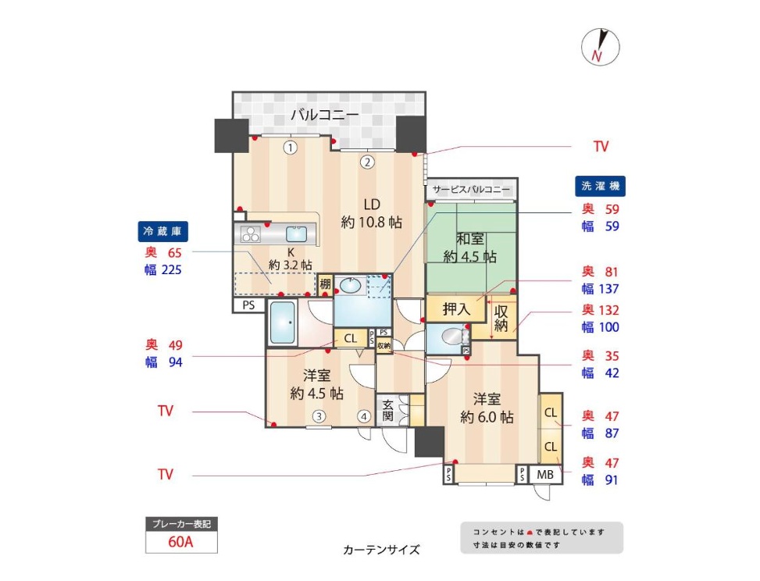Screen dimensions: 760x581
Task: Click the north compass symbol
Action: tap(600, 48)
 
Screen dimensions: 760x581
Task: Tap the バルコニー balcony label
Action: tap(325, 116)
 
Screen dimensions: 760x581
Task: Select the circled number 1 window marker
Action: tap(290, 148)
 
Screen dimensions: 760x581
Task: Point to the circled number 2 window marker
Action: tap(367, 162)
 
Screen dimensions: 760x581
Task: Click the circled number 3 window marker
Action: tap(319, 416)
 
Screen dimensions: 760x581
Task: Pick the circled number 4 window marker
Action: tap(364, 416)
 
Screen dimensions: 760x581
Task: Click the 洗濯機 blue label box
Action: tap(600, 186)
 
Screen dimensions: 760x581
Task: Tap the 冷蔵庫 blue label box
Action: tap(162, 231)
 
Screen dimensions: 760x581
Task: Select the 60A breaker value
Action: tap(180, 541)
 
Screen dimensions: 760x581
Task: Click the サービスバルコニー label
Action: tap(471, 190)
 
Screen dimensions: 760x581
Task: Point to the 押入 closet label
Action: tap(456, 308)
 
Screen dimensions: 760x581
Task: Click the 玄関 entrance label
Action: tap(387, 410)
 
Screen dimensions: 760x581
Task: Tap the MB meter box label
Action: tap(544, 475)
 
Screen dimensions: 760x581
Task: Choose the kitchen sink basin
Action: tap(296, 234)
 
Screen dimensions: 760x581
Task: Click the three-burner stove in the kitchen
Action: tap(251, 234)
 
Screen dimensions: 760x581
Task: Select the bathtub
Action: tap(282, 323)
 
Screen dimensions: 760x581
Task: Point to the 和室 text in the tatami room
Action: tap(470, 239)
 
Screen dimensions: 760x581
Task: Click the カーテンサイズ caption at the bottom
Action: tap(381, 550)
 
